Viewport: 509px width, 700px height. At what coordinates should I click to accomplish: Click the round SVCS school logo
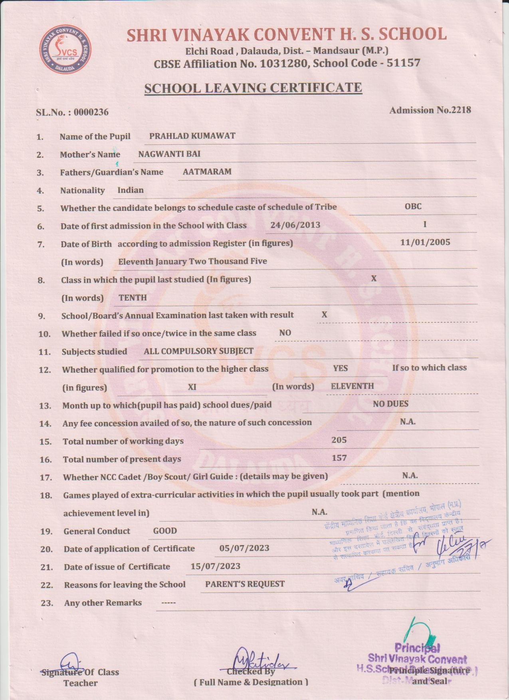(65, 50)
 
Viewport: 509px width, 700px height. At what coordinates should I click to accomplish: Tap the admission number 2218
(461, 110)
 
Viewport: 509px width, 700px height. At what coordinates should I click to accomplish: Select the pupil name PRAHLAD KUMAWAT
(192, 136)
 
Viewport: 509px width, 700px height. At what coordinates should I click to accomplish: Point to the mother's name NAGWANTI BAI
(169, 154)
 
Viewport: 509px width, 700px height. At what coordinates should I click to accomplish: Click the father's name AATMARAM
(207, 172)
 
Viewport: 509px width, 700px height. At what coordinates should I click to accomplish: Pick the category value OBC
(413, 206)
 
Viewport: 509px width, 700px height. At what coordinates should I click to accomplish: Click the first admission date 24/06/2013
(295, 225)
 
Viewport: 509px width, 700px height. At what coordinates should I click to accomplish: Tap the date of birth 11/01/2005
(425, 242)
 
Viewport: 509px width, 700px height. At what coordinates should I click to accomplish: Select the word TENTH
(133, 297)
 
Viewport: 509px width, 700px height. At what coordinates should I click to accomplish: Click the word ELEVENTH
(352, 386)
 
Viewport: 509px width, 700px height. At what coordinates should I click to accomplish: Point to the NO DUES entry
(390, 404)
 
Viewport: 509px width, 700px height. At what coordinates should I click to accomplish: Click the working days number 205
(339, 440)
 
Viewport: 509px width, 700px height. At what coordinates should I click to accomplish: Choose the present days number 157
(339, 458)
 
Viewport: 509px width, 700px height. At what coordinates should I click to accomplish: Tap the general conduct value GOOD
(165, 531)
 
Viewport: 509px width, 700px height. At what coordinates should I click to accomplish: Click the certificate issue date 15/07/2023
(215, 566)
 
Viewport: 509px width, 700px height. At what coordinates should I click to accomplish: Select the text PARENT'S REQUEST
(245, 584)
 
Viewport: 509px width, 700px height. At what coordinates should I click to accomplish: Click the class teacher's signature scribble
(71, 662)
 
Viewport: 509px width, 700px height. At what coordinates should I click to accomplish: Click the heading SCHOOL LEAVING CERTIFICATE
(253, 88)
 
